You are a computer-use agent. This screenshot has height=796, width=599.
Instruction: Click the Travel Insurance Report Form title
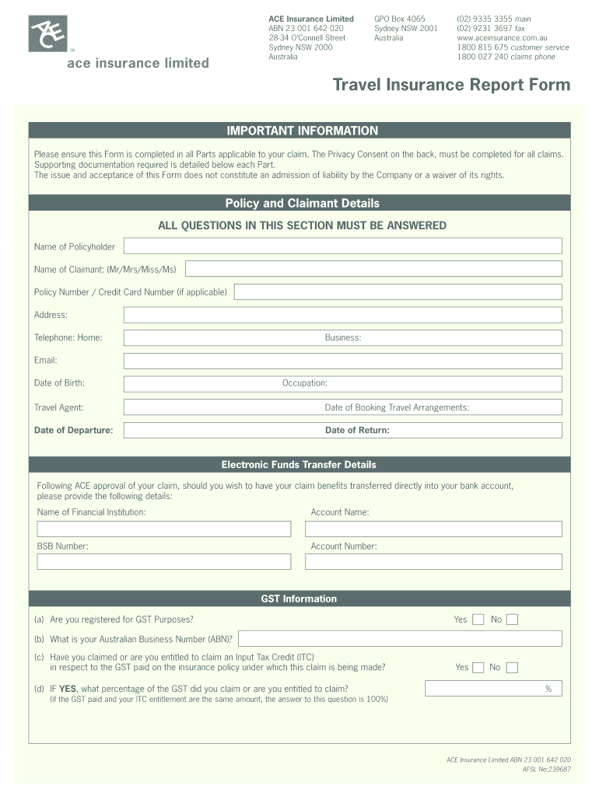[451, 85]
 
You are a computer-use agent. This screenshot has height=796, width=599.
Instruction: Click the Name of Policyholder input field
[342, 246]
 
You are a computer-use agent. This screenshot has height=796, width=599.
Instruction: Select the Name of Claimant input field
[373, 269]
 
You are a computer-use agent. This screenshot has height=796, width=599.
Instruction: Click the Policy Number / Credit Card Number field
[398, 292]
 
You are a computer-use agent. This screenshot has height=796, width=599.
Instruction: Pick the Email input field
[342, 361]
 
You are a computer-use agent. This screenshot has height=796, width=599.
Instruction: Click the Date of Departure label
[73, 430]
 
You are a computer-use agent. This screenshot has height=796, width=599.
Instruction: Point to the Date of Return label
[357, 430]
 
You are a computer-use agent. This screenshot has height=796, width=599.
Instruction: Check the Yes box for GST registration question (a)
[478, 620]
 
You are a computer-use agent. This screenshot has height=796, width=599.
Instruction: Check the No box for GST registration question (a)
[512, 620]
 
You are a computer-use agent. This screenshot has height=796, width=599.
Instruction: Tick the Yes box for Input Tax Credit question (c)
[478, 667]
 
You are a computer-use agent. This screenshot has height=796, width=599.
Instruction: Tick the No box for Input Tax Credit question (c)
[512, 667]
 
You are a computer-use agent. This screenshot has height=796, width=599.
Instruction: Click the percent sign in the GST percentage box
[548, 689]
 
